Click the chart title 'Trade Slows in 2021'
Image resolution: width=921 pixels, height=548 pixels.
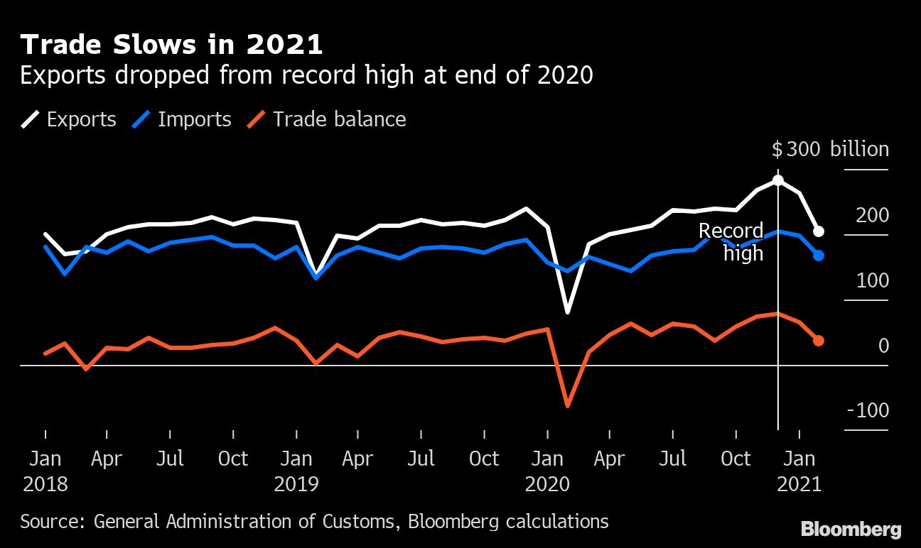click(171, 45)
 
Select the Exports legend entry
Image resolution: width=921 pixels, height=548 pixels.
click(68, 119)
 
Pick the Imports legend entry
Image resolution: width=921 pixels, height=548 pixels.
click(182, 119)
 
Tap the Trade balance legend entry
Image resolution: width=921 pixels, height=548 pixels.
click(327, 119)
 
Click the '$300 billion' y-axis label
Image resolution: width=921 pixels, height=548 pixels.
click(830, 150)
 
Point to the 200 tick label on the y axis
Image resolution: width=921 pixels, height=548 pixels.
click(872, 215)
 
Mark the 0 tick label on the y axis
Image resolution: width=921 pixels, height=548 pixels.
click(883, 346)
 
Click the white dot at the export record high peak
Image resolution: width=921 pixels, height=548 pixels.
click(778, 180)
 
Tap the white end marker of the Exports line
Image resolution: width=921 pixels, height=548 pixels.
click(819, 231)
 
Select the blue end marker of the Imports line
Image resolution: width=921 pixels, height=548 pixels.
click(819, 256)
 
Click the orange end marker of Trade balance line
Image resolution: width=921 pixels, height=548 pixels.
click(819, 341)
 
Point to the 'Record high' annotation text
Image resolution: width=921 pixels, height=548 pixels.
click(732, 241)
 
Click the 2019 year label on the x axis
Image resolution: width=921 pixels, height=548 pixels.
click(296, 485)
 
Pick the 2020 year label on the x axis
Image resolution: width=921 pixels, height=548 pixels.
click(547, 485)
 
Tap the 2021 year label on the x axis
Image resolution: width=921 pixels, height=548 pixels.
click(799, 485)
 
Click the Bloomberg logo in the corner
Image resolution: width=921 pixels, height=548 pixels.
click(851, 529)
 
